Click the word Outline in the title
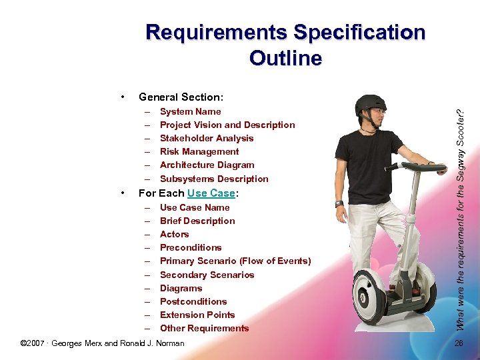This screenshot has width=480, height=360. coord(285,58)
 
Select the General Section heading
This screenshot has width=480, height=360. coord(181,97)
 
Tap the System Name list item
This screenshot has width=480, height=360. coord(190,111)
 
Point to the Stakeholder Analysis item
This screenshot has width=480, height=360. coord(207,138)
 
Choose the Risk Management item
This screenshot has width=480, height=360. coord(199,151)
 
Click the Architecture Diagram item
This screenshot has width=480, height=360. coord(207,165)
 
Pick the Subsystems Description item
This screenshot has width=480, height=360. coord(214,179)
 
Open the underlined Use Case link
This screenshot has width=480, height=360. coord(211,193)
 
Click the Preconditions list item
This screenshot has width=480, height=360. coord(191,247)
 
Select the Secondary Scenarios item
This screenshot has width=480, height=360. coord(207,275)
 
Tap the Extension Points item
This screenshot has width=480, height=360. coord(197,315)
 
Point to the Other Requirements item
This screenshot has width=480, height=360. coord(204,328)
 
